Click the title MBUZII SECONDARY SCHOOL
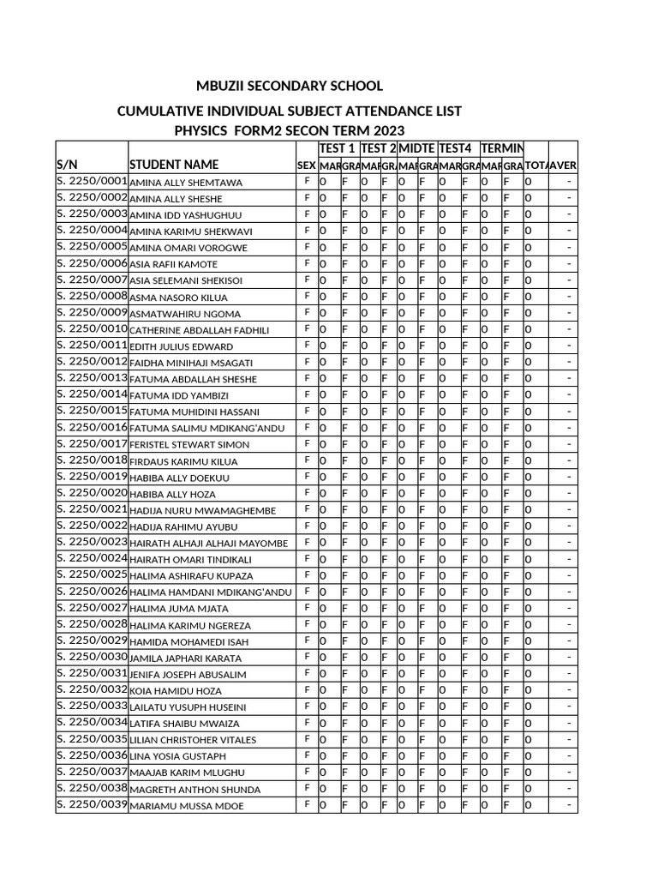(x=290, y=87)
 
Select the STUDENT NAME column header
(x=174, y=165)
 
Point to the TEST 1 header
(x=338, y=149)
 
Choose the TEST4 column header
(x=456, y=149)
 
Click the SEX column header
(x=307, y=165)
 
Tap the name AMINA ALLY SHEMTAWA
(x=186, y=183)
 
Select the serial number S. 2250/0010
(x=92, y=329)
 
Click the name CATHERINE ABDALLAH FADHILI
(x=200, y=330)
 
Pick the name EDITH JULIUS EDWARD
(x=182, y=346)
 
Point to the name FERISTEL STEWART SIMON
(x=190, y=445)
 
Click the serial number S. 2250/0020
(x=92, y=493)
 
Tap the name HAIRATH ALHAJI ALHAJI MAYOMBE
(x=209, y=543)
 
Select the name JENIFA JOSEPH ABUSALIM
(x=188, y=675)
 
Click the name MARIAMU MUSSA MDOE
(x=187, y=806)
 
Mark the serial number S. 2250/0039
(x=92, y=805)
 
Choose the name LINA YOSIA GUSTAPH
(x=178, y=756)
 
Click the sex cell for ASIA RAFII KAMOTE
(x=307, y=263)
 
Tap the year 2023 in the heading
(x=388, y=131)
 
